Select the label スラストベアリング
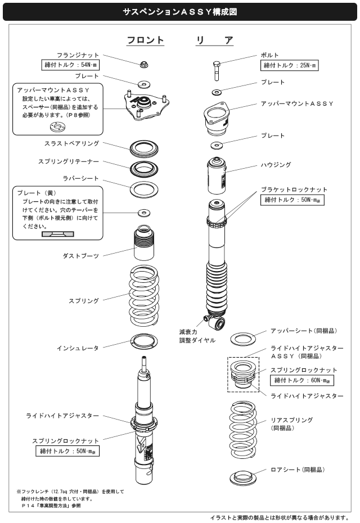[76, 143]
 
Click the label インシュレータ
[78, 348]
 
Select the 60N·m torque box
[302, 381]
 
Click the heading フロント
[145, 40]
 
